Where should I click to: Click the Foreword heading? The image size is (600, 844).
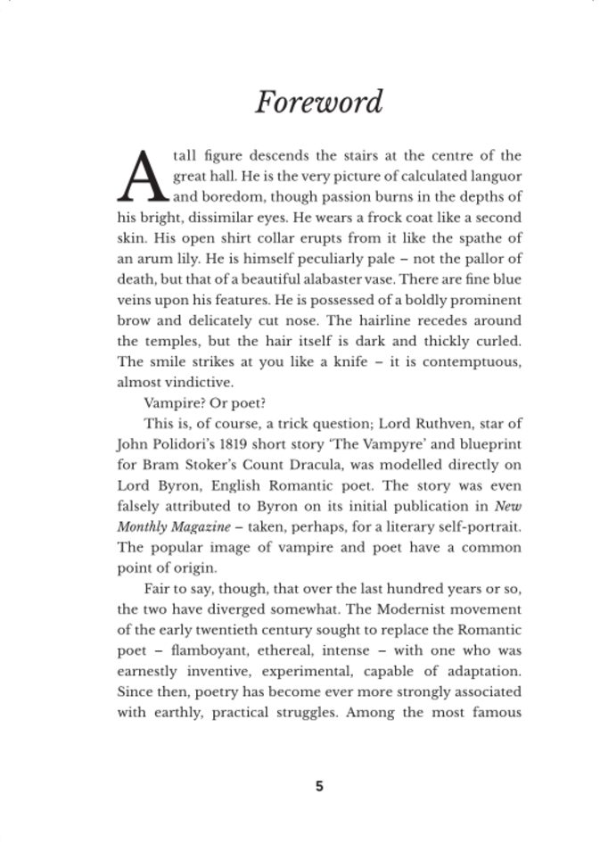(x=318, y=102)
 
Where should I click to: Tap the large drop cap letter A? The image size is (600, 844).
(x=144, y=176)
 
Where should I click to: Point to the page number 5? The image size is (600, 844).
(x=319, y=786)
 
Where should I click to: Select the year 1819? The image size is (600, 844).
(x=236, y=443)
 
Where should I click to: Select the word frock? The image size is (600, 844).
(x=398, y=218)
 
